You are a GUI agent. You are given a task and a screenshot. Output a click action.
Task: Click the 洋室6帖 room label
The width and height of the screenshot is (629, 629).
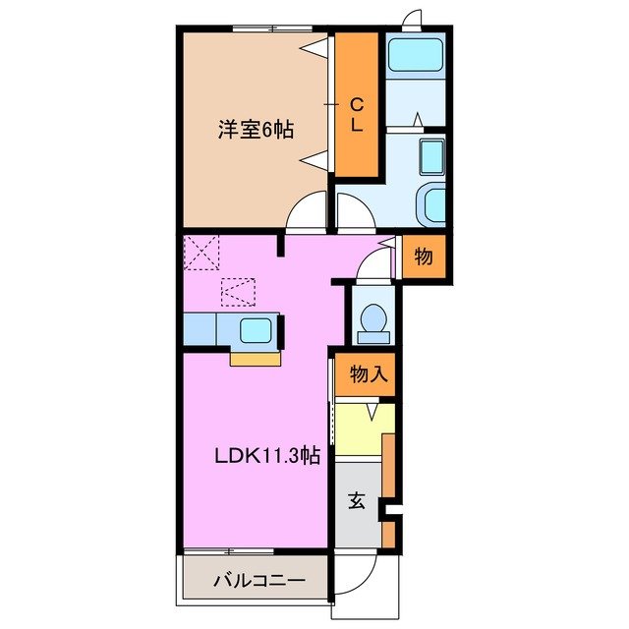pos(254,129)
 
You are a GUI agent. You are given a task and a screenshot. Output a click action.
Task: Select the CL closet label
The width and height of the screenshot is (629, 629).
pos(356,115)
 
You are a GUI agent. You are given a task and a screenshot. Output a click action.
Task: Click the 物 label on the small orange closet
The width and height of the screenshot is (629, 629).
pos(423,257)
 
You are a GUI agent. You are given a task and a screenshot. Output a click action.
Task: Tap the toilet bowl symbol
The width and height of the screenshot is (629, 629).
pos(373,318)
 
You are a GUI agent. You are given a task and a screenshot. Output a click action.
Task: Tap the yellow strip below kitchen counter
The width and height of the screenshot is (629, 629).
pos(256,358)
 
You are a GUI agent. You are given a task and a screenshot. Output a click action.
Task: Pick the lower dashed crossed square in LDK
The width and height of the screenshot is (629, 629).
pos(237,292)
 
